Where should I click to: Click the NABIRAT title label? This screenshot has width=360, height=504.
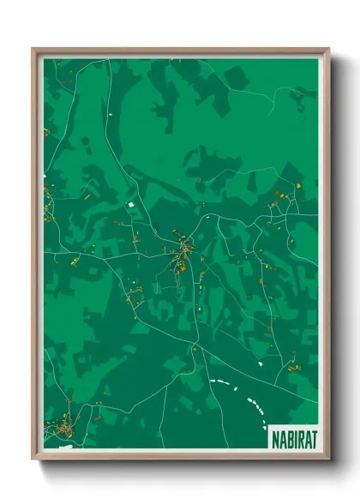pos(292,438)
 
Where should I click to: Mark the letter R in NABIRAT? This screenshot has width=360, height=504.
pos(299,438)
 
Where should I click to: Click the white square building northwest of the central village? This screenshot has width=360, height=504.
pos(130,204)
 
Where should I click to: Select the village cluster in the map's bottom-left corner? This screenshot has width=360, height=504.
pos(63,426)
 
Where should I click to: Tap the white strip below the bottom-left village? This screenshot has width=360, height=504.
pos(63,446)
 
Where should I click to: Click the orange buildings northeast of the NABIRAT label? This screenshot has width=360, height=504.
pos(295,369)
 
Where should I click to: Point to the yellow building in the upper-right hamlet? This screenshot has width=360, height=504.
pos(297,186)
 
